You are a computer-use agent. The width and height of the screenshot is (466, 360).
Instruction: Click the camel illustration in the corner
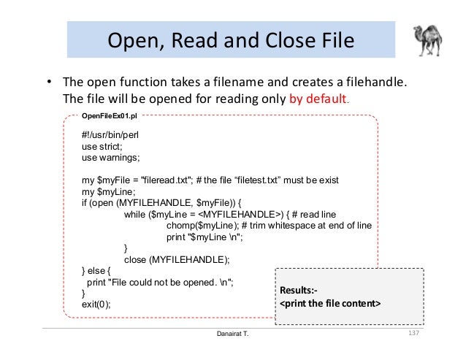(x=430, y=41)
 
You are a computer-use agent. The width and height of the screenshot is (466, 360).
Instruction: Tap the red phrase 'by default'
(x=319, y=99)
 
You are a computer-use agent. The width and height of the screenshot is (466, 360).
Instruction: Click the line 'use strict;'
(x=102, y=146)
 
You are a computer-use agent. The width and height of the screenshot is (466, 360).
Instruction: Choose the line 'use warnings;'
(x=110, y=157)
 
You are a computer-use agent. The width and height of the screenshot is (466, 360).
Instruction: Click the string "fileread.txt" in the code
(x=165, y=180)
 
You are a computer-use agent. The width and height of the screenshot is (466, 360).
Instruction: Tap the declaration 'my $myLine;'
(x=106, y=191)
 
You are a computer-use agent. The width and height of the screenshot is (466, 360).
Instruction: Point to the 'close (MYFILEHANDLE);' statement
(x=177, y=259)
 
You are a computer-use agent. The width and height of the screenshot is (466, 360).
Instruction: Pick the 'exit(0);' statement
(x=96, y=305)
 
